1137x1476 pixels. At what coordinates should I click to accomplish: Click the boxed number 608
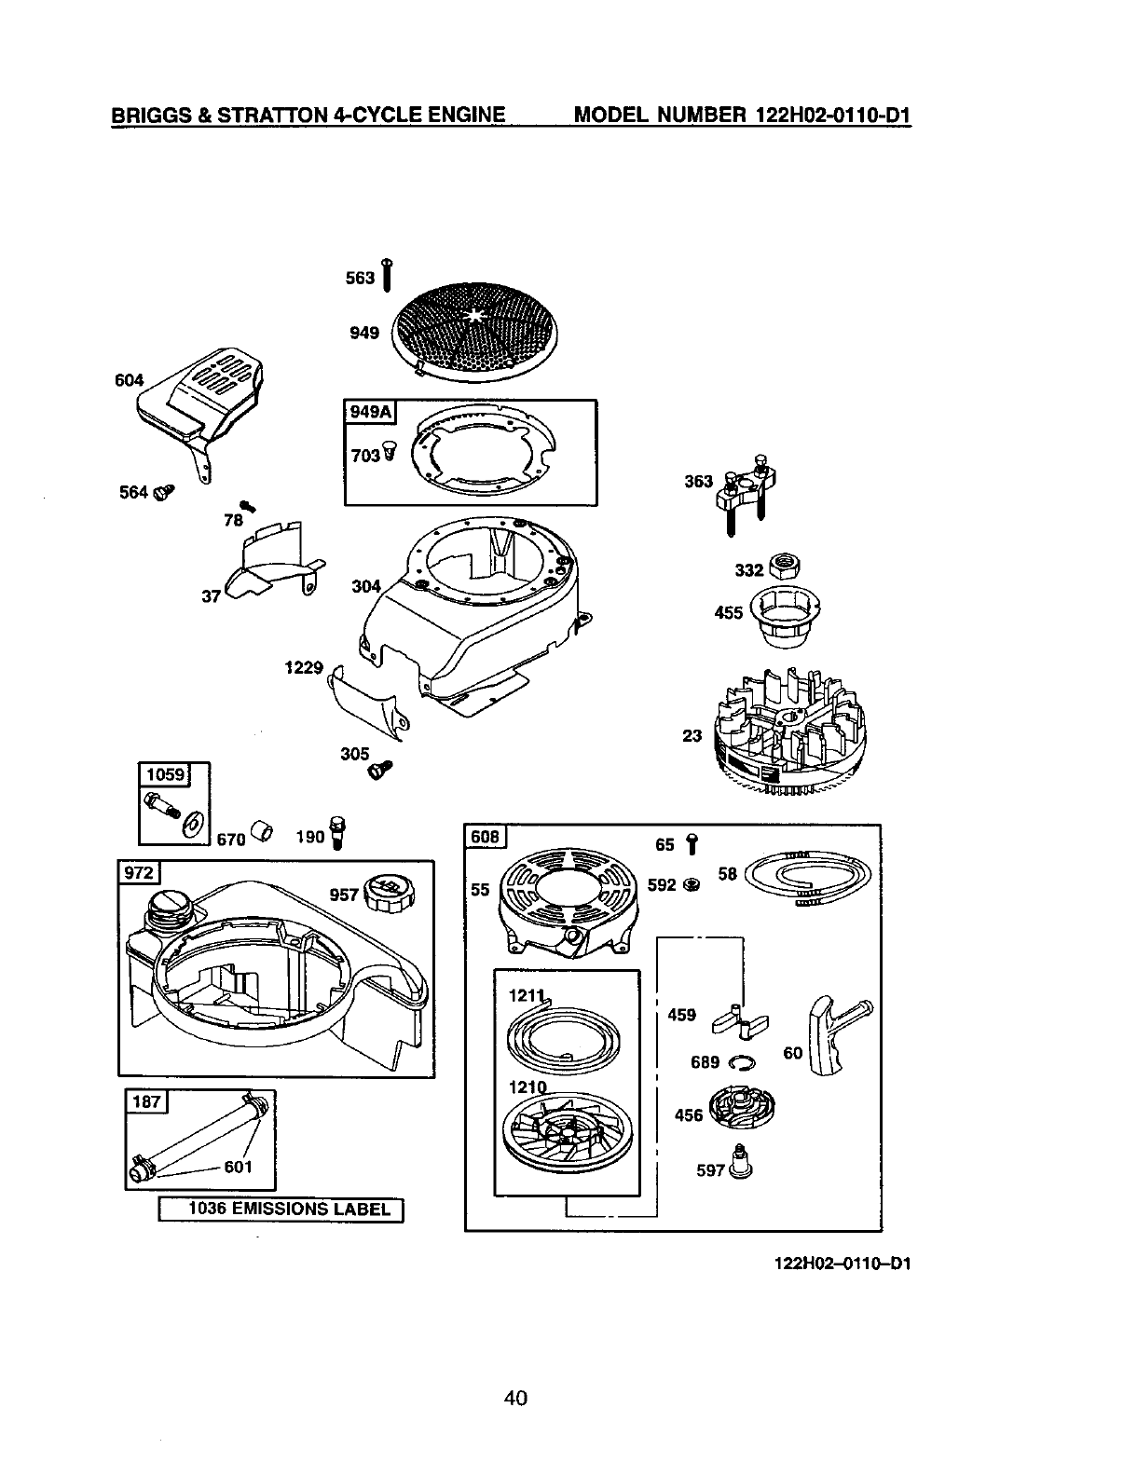point(486,837)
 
